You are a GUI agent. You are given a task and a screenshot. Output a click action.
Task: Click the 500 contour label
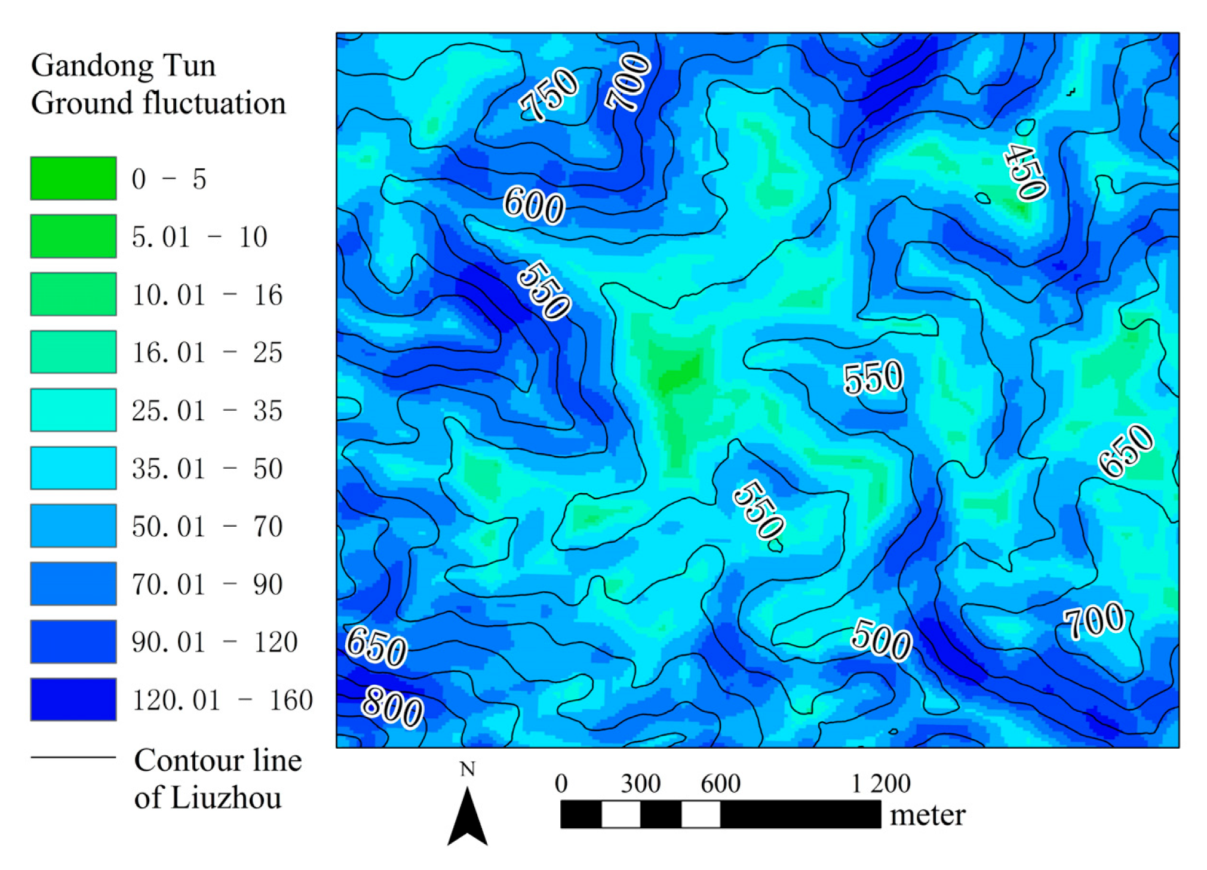click(881, 640)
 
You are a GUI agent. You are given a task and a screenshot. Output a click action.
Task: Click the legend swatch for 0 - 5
click(73, 178)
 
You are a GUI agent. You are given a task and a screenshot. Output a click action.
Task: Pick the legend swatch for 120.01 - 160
click(73, 699)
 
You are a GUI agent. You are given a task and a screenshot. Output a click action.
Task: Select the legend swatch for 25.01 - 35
click(73, 410)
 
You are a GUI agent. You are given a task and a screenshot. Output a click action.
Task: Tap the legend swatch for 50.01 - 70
click(73, 525)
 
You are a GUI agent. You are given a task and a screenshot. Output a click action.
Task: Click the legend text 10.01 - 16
click(207, 295)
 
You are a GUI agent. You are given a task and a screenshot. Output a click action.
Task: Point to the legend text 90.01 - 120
click(214, 642)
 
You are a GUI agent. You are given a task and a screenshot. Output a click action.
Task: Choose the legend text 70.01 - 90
click(207, 584)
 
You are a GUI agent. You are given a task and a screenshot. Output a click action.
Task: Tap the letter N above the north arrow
click(467, 770)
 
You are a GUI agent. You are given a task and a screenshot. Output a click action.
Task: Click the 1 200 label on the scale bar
click(880, 783)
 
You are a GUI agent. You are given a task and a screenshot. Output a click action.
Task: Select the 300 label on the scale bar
click(640, 783)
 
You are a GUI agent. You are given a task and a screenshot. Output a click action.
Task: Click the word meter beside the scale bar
click(927, 815)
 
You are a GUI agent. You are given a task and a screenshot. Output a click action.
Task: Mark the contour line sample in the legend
click(73, 757)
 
